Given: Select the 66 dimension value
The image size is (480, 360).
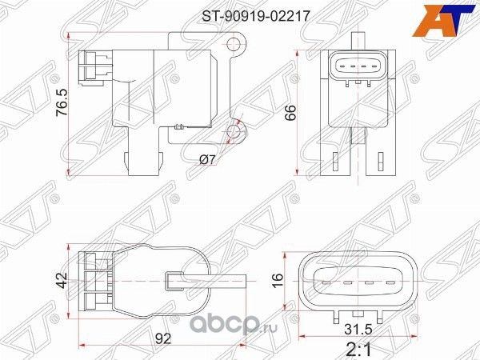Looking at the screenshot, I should [x=293, y=114].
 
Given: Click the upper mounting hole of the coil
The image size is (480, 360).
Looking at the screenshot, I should [x=234, y=44].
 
